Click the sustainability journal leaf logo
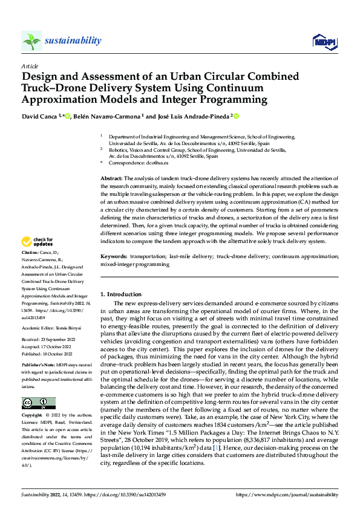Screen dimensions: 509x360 (31, 41)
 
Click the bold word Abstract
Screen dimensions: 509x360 (111, 179)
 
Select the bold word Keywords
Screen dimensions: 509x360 (114, 273)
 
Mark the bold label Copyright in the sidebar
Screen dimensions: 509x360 (32, 417)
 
